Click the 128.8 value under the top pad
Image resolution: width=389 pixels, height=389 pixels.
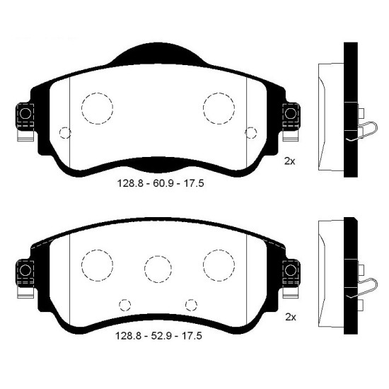click(129, 184)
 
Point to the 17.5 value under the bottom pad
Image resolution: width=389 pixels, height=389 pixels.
click(192, 336)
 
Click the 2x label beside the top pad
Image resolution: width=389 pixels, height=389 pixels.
click(290, 161)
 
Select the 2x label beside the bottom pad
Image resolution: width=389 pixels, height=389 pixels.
click(291, 317)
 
